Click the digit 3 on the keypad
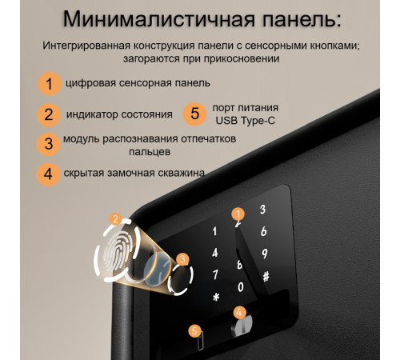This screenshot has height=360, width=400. pyautogui.click(x=262, y=210)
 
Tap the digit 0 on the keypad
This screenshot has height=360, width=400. pyautogui.click(x=240, y=286)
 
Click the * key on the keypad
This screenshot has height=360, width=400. pyautogui.click(x=215, y=298)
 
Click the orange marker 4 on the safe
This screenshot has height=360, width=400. pyautogui.click(x=239, y=312)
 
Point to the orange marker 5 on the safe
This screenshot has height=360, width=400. pyautogui.click(x=194, y=330)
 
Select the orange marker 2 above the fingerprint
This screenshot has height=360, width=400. pyautogui.click(x=116, y=218)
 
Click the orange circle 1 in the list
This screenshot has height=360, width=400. pyautogui.click(x=50, y=82)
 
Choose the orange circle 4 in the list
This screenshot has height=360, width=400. pyautogui.click(x=49, y=173)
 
